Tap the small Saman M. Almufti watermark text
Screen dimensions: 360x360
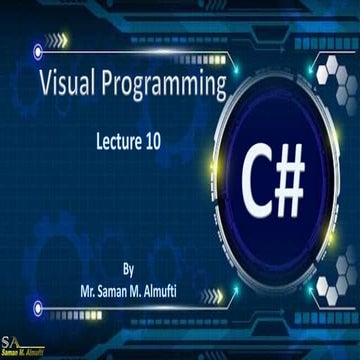click(25, 354)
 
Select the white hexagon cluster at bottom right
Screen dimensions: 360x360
click(335, 310)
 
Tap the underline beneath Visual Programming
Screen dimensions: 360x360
click(130, 110)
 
